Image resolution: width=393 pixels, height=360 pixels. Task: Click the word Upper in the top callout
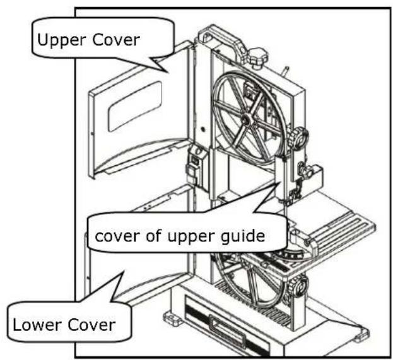click(62, 40)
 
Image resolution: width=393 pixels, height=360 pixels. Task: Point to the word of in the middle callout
click(154, 235)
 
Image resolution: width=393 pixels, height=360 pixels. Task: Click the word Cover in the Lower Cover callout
click(91, 325)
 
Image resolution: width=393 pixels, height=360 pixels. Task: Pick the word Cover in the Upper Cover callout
click(116, 40)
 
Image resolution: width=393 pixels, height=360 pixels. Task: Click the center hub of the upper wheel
click(246, 119)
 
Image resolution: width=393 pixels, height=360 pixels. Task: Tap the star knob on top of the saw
click(257, 57)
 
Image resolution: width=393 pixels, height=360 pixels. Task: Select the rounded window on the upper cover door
click(134, 106)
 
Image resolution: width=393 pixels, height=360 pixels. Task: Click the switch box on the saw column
click(197, 166)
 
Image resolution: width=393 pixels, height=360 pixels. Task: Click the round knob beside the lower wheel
click(298, 285)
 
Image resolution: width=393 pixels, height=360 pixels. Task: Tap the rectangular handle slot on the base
click(227, 330)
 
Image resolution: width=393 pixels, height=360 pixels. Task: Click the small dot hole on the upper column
click(202, 129)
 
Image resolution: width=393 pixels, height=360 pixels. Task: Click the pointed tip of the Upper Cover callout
click(167, 73)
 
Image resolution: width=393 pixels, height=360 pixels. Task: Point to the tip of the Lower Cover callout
click(123, 271)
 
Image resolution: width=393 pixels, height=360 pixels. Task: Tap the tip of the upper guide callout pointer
click(280, 182)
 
